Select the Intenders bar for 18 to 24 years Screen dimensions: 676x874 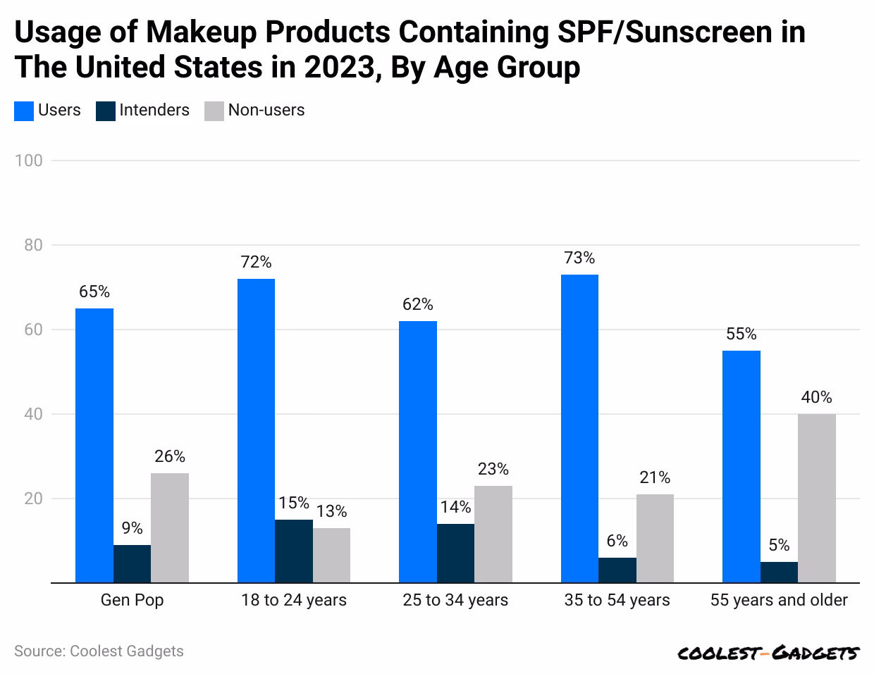[294, 551]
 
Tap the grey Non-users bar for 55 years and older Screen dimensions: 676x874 [817, 498]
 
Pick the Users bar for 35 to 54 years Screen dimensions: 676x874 [579, 428]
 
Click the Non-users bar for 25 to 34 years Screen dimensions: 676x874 [493, 534]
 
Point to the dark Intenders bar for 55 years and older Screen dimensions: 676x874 [779, 572]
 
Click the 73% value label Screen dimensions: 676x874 [579, 258]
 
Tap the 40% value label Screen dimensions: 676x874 [816, 397]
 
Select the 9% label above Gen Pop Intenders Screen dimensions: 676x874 [132, 528]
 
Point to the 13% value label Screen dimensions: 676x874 [331, 511]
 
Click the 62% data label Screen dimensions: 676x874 [417, 304]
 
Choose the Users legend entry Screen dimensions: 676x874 [48, 111]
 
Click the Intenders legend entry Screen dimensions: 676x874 [143, 111]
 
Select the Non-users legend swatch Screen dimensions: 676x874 [214, 111]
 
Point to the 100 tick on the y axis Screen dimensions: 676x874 [28, 161]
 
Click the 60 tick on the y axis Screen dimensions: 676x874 [32, 330]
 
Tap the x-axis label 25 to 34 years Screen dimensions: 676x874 [455, 601]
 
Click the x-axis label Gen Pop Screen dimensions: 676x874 [132, 601]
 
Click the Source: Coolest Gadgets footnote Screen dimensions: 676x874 [99, 651]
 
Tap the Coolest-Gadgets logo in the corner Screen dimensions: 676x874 [768, 653]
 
